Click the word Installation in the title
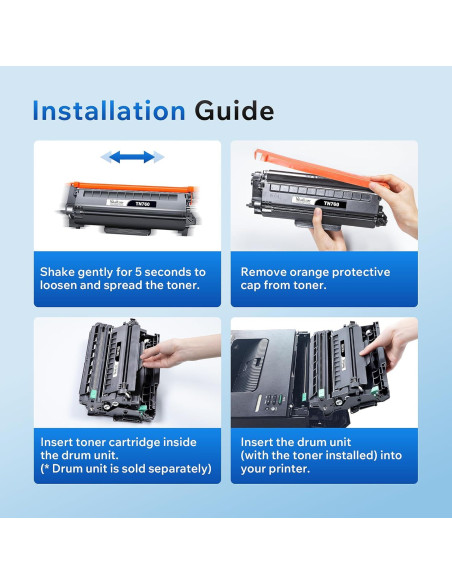tap(109, 111)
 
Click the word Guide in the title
tap(234, 111)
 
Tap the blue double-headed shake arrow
tap(132, 157)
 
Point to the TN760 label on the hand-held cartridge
tap(331, 204)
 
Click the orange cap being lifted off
tap(317, 169)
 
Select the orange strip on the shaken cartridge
tap(132, 187)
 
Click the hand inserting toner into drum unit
tap(180, 351)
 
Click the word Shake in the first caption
tap(57, 272)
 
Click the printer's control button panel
tap(272, 401)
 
